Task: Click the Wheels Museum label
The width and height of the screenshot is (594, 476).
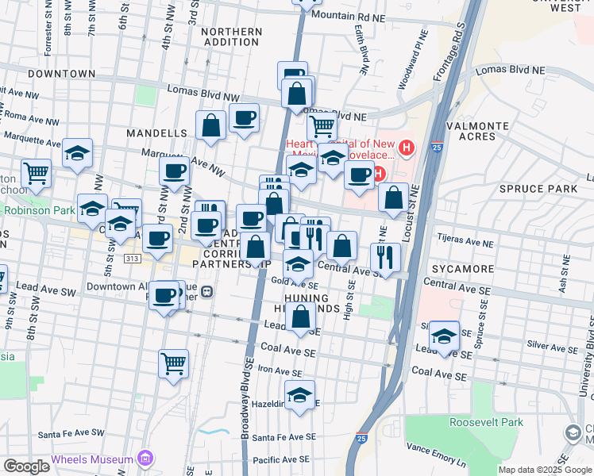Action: (x=92, y=459)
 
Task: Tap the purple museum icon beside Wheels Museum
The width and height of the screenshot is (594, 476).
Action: (x=144, y=459)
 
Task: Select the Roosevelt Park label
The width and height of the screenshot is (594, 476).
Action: (x=486, y=422)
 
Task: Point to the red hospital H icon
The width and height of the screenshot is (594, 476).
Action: (x=407, y=147)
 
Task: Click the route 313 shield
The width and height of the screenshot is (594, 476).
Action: (x=132, y=259)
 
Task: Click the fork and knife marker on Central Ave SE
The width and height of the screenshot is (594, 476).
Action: (x=385, y=256)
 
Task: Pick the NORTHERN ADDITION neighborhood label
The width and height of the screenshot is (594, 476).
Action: (x=232, y=37)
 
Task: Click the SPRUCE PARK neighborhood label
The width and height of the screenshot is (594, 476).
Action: (x=538, y=188)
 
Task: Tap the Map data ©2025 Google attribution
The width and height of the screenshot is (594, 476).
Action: (x=544, y=470)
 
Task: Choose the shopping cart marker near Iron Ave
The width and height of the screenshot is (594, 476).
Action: (x=173, y=363)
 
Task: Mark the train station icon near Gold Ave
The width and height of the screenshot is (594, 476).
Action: (x=207, y=290)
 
